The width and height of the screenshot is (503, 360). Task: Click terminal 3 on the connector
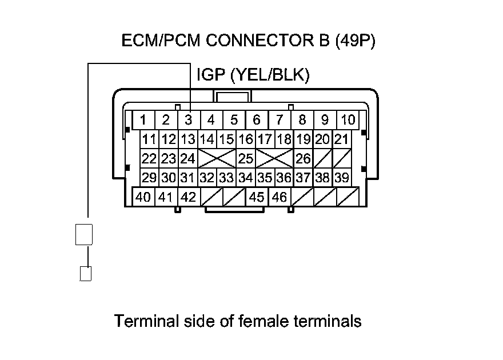pos(189,120)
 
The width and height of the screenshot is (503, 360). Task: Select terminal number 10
pos(348,120)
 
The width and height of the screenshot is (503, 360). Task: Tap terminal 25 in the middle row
pos(246,158)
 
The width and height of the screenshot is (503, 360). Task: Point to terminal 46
pos(280,197)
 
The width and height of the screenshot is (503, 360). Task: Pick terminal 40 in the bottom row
pos(143,197)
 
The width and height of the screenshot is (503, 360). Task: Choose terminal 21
pos(341,139)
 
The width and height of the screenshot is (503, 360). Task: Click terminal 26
pos(303,158)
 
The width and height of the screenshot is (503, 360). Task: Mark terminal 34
pos(246,177)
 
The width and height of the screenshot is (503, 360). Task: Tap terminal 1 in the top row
pos(143,120)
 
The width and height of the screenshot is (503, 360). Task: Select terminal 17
pos(265,139)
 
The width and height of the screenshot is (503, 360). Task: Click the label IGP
pos(211,75)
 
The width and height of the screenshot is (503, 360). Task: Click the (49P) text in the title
pos(356,41)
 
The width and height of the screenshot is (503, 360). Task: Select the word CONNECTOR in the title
pos(260,41)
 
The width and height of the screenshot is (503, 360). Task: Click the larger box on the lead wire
pos(84,235)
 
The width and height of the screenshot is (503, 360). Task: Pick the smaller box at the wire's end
pos(86,274)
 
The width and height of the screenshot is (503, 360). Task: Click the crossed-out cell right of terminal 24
pos(217,158)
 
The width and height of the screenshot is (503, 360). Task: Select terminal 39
pos(342,177)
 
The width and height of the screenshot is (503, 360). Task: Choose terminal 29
pos(149,177)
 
